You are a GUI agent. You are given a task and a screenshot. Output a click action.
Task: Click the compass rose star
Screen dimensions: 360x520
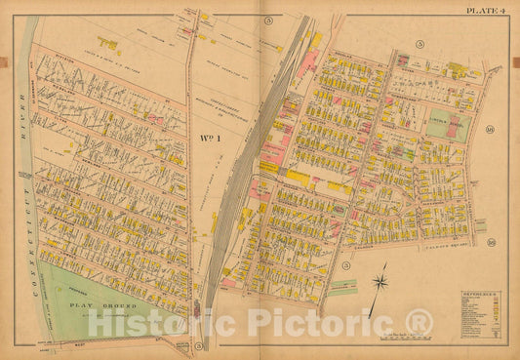[380, 284]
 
